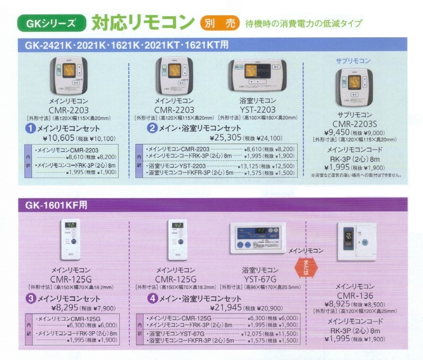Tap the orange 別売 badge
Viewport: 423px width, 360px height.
[x=219, y=23]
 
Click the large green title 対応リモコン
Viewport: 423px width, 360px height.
[x=142, y=22]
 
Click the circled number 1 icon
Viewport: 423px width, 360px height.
[x=31, y=128]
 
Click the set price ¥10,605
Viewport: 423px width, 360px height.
[x=56, y=138]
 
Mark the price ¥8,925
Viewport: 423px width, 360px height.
[x=338, y=303]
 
